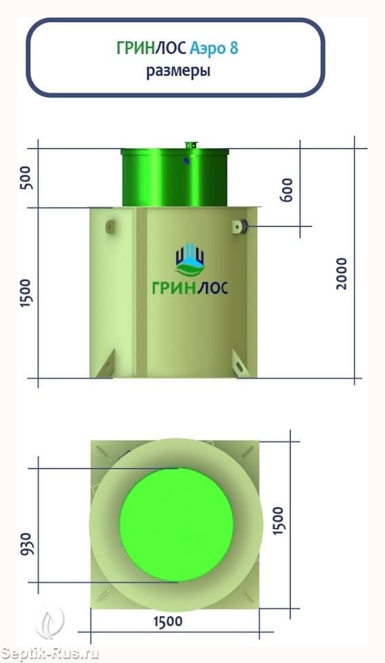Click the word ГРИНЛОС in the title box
tap(151, 48)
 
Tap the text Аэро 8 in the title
tap(214, 48)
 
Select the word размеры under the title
tap(178, 71)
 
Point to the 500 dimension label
tap(26, 178)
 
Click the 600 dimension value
tap(287, 190)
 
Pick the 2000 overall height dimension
tap(341, 274)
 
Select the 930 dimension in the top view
tap(26, 544)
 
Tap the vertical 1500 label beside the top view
tap(278, 520)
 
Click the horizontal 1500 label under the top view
tap(168, 622)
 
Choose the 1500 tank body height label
tap(26, 293)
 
